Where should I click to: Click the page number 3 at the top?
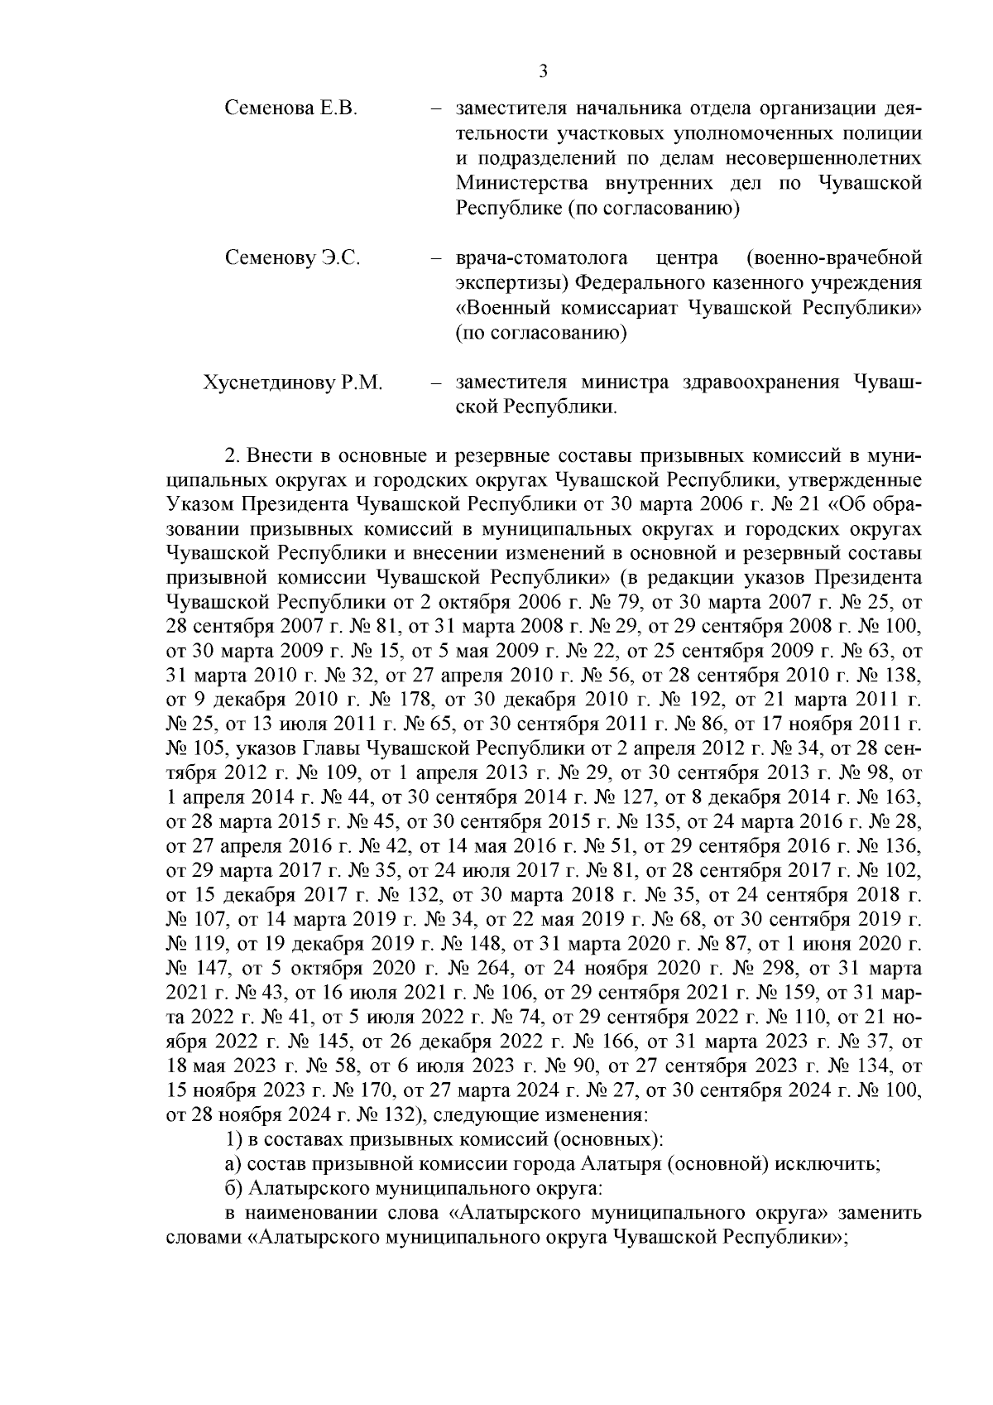click(544, 71)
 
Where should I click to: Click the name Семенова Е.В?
click(290, 109)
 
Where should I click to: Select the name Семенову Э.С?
click(292, 258)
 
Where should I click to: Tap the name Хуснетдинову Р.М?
click(293, 383)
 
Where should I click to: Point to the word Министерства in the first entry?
click(511, 184)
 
